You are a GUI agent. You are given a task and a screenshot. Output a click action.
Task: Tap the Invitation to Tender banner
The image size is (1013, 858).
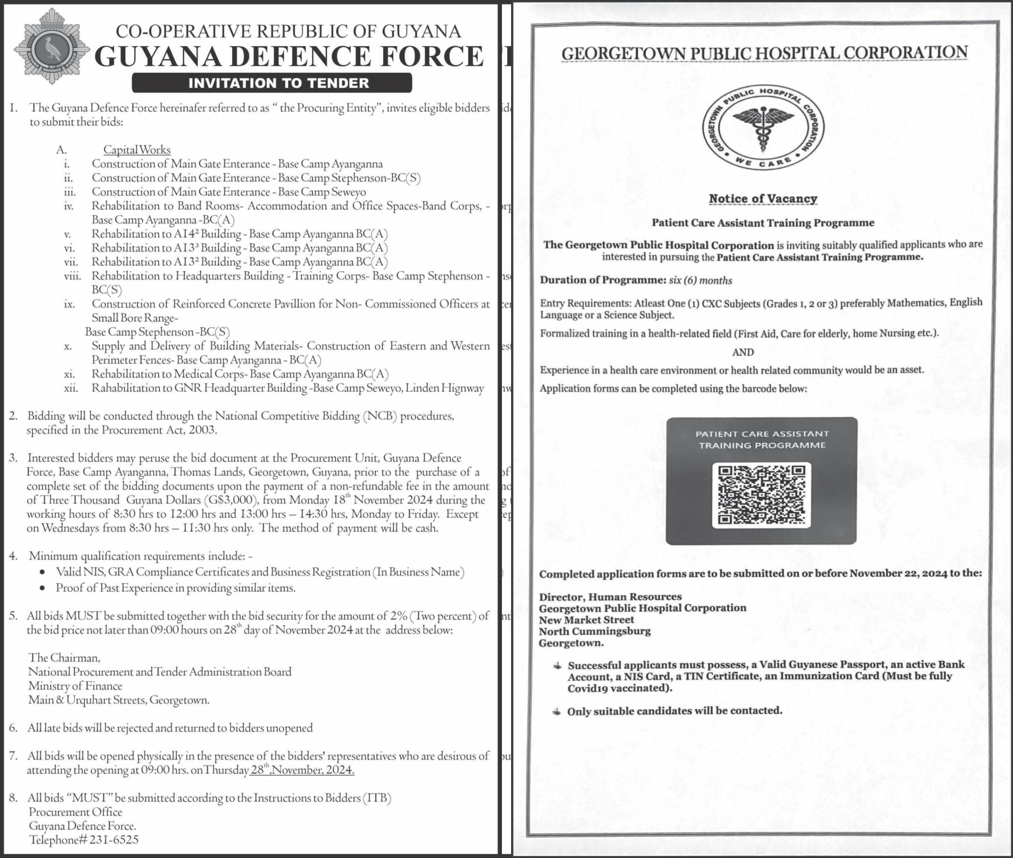[x=272, y=83]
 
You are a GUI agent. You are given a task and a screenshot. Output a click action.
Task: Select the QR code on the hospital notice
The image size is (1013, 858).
[x=761, y=495]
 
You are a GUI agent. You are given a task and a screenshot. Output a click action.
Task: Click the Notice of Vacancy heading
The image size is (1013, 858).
[x=763, y=198]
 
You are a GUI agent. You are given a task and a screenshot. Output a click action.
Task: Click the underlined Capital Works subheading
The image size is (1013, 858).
[x=137, y=150]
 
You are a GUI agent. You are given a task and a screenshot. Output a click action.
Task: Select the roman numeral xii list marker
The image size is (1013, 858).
[x=71, y=389]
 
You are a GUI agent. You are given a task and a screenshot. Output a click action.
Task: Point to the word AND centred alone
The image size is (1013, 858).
[x=743, y=352]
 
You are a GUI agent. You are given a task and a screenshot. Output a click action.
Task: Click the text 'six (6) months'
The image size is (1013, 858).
[x=700, y=280]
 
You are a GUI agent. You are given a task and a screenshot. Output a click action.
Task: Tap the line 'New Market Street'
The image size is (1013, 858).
[x=586, y=619]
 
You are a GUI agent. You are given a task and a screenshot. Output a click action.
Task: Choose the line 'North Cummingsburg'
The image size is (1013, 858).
[x=594, y=632]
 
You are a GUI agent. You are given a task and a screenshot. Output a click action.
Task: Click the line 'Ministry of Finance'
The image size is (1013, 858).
[x=75, y=686]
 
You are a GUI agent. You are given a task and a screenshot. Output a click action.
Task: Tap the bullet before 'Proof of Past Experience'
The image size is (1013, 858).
[x=43, y=589]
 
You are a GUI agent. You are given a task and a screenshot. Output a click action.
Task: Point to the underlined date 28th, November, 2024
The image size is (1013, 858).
[x=302, y=771]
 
